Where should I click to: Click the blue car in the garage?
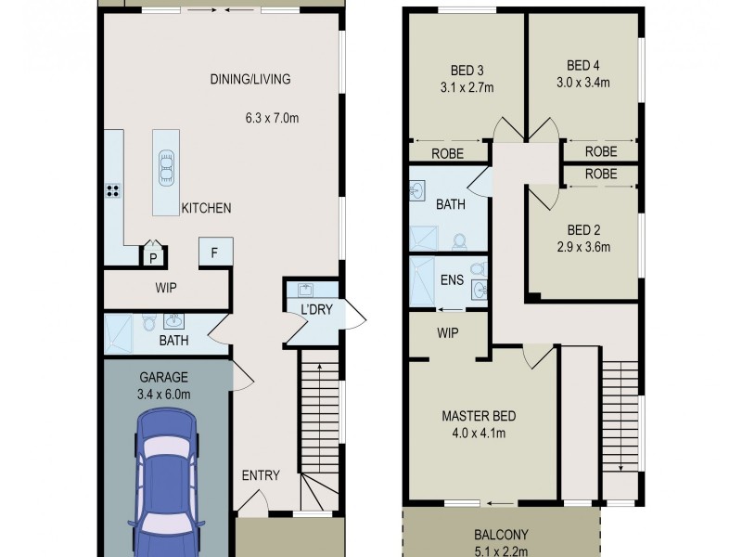(x=167, y=483)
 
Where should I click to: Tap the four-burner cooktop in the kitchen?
(x=112, y=192)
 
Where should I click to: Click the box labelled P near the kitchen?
(x=151, y=256)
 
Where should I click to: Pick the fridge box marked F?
(x=215, y=253)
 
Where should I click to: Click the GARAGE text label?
(x=163, y=378)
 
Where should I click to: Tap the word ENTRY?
(x=261, y=475)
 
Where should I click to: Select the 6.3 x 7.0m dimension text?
(x=271, y=118)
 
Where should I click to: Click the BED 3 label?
(x=467, y=71)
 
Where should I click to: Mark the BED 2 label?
(x=583, y=229)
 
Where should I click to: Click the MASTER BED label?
(x=479, y=416)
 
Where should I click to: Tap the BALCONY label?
(x=500, y=534)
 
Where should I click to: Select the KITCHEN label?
(x=206, y=208)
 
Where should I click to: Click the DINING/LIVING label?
(x=249, y=79)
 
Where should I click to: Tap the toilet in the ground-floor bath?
(x=148, y=325)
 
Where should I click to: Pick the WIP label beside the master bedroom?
(x=448, y=332)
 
